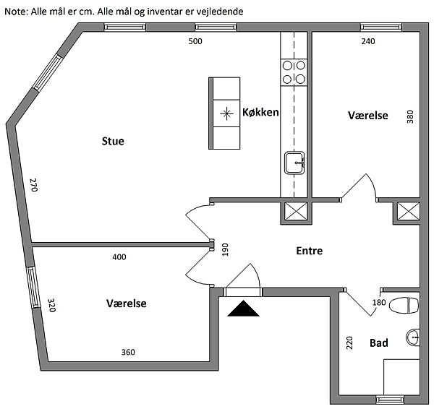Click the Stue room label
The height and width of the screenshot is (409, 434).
[113, 141]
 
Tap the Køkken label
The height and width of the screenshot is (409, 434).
[260, 112]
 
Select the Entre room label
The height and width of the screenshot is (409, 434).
[309, 251]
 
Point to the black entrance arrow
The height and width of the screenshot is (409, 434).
[243, 309]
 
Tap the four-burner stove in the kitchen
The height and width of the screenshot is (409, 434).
[294, 72]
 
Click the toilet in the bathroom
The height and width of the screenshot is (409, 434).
[404, 306]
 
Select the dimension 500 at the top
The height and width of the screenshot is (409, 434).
[195, 41]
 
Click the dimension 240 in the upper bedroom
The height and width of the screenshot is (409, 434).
[368, 41]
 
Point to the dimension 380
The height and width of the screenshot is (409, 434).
[409, 116]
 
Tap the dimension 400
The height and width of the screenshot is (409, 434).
[119, 257]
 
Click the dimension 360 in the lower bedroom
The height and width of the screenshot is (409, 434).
[127, 352]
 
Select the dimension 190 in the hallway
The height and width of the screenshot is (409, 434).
[226, 250]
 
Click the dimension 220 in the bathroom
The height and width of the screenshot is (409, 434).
[349, 343]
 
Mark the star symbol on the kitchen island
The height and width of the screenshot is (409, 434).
[227, 113]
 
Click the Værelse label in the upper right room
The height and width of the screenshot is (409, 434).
[368, 116]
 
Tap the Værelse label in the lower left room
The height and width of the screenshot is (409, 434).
[126, 303]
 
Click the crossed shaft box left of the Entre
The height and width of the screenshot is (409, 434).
[295, 212]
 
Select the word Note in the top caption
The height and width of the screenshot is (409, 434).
[16, 12]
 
